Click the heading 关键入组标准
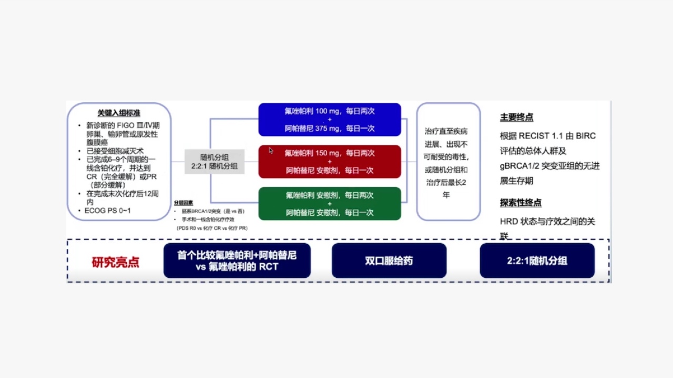click(119, 113)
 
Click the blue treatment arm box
click(330, 120)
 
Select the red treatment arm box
click(330, 162)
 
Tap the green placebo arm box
click(330, 204)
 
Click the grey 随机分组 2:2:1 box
click(215, 162)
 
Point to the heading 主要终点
click(516, 118)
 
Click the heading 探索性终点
click(521, 203)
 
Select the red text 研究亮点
click(116, 262)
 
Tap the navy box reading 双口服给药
click(389, 261)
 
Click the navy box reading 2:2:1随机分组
click(537, 261)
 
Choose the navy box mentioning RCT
click(237, 261)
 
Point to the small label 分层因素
click(184, 203)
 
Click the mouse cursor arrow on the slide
click(271, 151)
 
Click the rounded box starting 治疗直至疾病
click(448, 162)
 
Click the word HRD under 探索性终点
click(508, 222)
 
